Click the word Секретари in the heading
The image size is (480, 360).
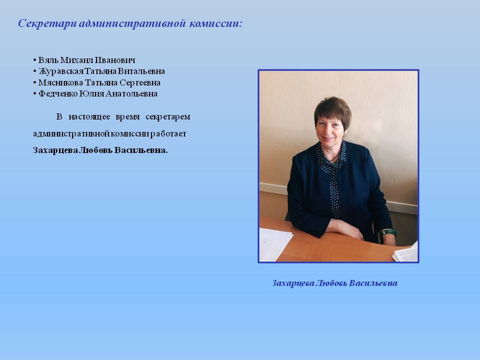tap(47, 23)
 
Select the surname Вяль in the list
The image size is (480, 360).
tap(48, 60)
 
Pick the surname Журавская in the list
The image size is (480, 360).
tap(61, 71)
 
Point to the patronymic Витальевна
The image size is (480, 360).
tap(141, 71)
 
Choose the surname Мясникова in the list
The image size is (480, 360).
tap(60, 82)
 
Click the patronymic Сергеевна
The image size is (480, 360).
tap(140, 83)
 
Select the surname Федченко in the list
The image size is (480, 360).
tap(58, 93)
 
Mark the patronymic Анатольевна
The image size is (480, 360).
tap(131, 93)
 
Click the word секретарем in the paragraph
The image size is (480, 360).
tap(168, 117)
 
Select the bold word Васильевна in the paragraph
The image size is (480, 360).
tap(141, 150)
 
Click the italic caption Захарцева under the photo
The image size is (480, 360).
tap(293, 283)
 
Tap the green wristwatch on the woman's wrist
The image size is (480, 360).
tap(388, 232)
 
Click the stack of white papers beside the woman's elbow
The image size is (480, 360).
tap(274, 244)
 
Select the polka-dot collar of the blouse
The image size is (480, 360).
tap(331, 156)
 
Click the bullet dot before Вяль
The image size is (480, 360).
tap(34, 60)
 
